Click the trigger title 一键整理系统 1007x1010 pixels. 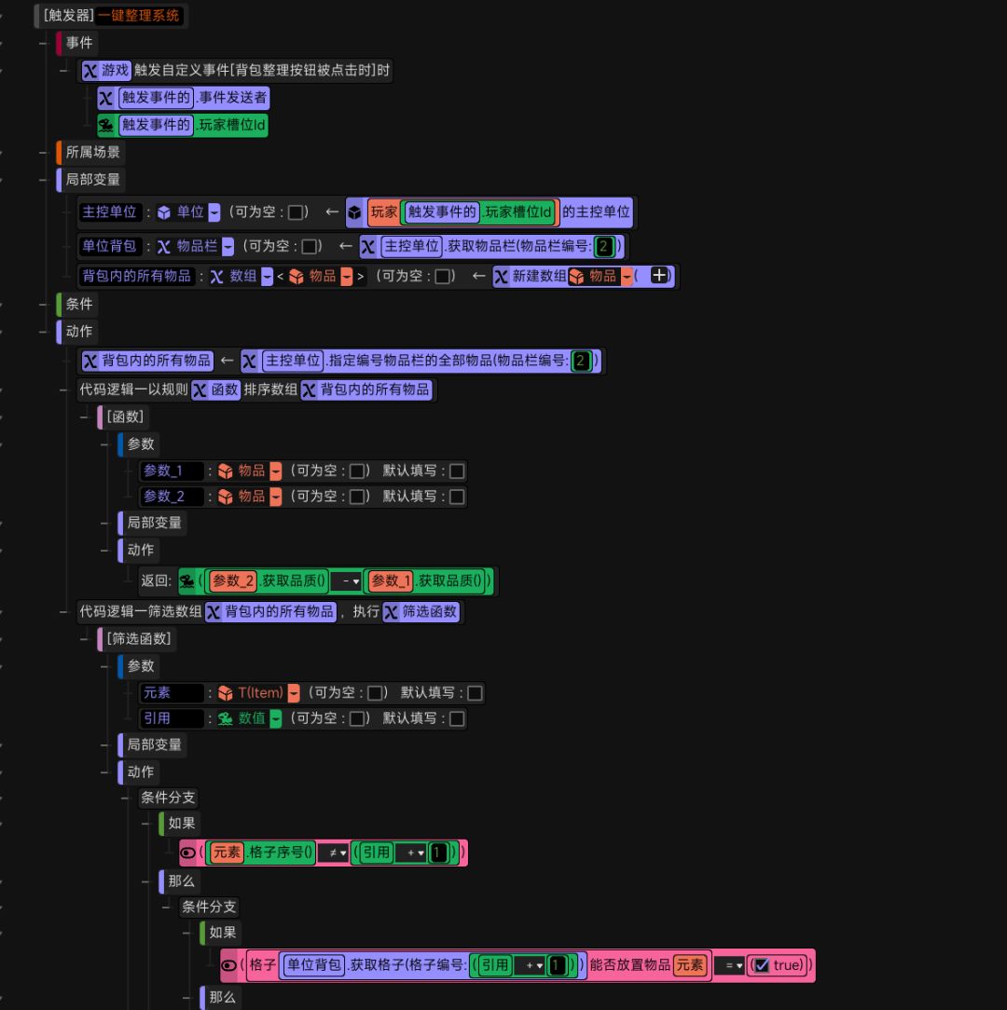pos(138,15)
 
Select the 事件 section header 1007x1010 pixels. pos(78,43)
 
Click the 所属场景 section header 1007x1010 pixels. pos(92,152)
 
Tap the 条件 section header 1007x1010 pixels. pos(78,304)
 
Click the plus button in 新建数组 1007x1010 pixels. pos(659,276)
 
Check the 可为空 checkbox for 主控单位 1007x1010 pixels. pos(296,212)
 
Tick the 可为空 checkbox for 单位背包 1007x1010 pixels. pos(310,247)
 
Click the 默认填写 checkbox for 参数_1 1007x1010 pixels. pos(457,471)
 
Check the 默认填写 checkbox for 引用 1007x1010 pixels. pos(457,719)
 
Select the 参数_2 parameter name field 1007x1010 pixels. pos(171,496)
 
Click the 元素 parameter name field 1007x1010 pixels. pos(171,692)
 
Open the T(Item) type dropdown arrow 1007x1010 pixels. pos(294,693)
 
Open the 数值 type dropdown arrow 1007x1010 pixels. pos(275,719)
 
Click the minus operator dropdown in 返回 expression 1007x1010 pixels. pos(346,581)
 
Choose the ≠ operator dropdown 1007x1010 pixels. pos(333,853)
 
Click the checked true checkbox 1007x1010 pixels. pos(762,965)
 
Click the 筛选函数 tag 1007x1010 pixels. pos(421,611)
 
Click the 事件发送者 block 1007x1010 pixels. pos(183,97)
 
